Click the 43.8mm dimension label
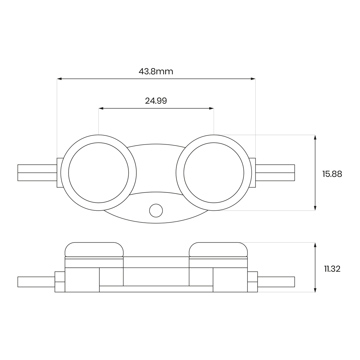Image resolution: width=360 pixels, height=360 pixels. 156,71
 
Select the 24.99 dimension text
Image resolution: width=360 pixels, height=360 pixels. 156,101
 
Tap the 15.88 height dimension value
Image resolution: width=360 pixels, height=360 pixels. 332,174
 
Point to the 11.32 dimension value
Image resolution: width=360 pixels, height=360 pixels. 332,269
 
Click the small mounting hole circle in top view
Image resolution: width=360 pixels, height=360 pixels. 156,211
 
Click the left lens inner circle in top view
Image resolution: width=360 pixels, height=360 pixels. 68,173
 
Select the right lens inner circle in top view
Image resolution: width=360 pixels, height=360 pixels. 184,173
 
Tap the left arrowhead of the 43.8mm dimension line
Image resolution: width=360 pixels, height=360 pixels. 59,79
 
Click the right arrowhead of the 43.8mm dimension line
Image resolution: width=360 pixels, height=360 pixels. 253,79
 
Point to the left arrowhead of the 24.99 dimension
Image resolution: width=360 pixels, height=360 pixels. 101,108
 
